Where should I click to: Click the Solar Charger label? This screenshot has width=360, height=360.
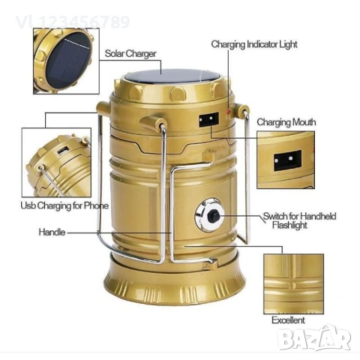(x=132, y=53)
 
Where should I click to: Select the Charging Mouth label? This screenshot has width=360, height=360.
(x=286, y=121)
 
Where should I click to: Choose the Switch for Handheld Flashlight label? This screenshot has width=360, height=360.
(x=298, y=220)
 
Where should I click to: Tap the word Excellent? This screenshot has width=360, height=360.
(x=288, y=320)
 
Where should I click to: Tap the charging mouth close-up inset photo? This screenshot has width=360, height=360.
(x=289, y=159)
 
